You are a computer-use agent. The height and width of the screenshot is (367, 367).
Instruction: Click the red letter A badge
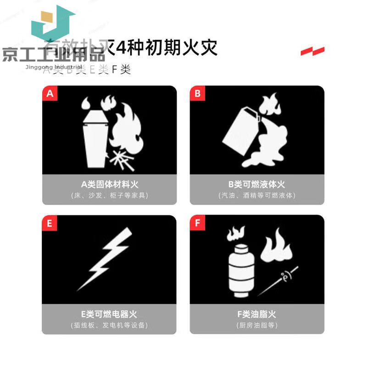pyautogui.click(x=50, y=94)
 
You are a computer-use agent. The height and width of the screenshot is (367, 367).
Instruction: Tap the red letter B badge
pyautogui.click(x=197, y=94)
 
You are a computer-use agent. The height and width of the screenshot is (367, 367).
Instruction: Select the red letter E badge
pyautogui.click(x=50, y=223)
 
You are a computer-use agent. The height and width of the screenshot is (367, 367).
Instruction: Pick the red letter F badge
pyautogui.click(x=197, y=223)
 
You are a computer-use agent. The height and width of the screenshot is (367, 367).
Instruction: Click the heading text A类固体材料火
pyautogui.click(x=109, y=184)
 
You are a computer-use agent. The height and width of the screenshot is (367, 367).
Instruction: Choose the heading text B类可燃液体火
pyautogui.click(x=257, y=184)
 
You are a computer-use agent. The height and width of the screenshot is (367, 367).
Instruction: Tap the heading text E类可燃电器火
pyautogui.click(x=109, y=315)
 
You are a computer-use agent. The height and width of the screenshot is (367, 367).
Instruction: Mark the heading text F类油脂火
pyautogui.click(x=257, y=315)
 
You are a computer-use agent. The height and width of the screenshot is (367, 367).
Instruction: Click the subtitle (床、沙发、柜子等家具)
pyautogui.click(x=109, y=195)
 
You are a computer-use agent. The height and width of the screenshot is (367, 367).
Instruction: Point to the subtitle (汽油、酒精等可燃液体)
pyautogui.click(x=257, y=195)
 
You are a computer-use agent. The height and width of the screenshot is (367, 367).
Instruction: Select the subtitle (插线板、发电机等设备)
pyautogui.click(x=109, y=326)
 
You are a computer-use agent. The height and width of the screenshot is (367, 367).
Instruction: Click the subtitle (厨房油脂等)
pyautogui.click(x=257, y=326)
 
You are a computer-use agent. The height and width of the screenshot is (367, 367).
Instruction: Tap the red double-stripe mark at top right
pyautogui.click(x=312, y=51)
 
